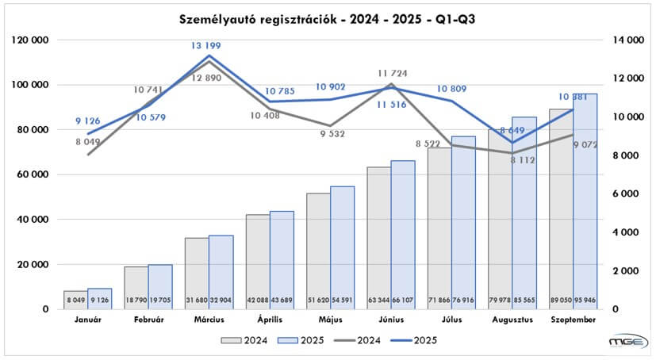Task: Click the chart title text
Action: (x=328, y=17)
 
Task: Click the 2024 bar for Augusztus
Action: (x=500, y=230)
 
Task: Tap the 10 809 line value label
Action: (x=452, y=89)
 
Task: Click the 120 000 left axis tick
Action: (x=29, y=40)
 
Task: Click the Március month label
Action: (x=209, y=320)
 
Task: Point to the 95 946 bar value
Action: (x=585, y=302)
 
